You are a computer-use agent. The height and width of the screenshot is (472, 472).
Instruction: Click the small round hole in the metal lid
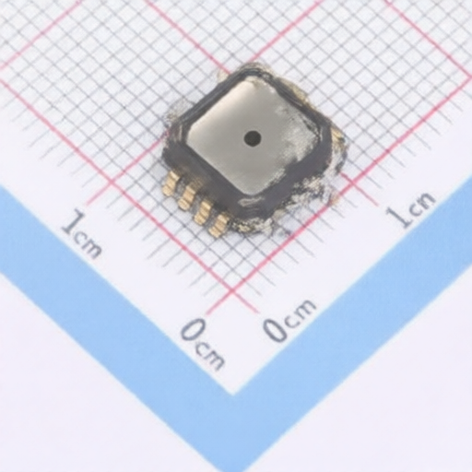click(252, 138)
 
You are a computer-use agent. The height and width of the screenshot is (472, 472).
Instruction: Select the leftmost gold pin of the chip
click(171, 183)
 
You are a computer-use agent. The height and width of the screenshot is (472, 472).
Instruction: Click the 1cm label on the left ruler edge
click(82, 234)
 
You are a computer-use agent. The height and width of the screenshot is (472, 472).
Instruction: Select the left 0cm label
click(202, 342)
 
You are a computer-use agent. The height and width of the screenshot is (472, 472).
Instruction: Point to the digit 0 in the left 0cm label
click(189, 331)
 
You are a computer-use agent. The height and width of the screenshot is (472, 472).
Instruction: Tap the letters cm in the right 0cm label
click(300, 313)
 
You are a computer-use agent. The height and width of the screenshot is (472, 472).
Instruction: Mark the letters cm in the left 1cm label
click(90, 244)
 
